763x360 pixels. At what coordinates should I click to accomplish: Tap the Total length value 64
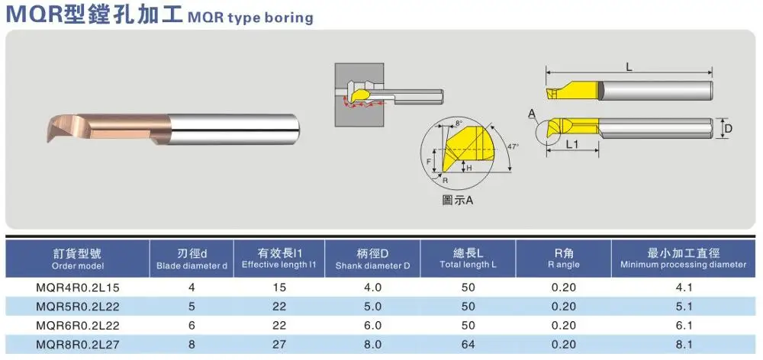tap(468, 345)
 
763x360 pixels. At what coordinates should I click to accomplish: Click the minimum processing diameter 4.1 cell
tap(684, 288)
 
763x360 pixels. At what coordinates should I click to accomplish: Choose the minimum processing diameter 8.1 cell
tap(684, 345)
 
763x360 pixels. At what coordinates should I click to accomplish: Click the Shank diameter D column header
tap(372, 259)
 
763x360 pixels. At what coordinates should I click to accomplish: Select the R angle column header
tap(564, 259)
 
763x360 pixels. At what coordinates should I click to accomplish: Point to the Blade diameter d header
tap(192, 259)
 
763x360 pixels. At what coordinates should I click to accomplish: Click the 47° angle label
tap(512, 145)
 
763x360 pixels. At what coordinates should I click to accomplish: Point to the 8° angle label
tap(458, 122)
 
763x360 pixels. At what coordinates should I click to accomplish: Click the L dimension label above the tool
tap(629, 67)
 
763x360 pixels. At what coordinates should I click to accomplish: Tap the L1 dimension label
tap(573, 143)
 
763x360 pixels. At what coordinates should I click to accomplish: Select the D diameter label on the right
tap(728, 129)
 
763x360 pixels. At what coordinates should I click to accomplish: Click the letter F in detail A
tap(429, 161)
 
